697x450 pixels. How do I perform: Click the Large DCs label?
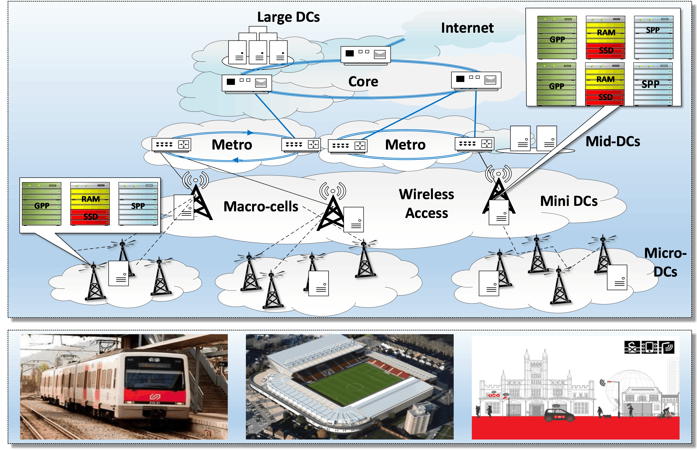pyautogui.click(x=288, y=17)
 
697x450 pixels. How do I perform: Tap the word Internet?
pyautogui.click(x=467, y=28)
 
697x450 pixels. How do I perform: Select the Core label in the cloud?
pyautogui.click(x=363, y=82)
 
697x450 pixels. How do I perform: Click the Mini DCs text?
pyautogui.click(x=569, y=201)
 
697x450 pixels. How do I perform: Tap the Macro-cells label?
pyautogui.click(x=261, y=207)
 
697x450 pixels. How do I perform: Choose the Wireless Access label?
pyautogui.click(x=427, y=204)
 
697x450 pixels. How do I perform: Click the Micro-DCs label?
pyautogui.click(x=665, y=262)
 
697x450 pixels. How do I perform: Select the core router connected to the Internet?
pyautogui.click(x=365, y=54)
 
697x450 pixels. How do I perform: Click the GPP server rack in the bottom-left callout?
pyautogui.click(x=42, y=204)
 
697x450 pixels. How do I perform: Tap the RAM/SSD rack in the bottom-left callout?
pyautogui.click(x=90, y=204)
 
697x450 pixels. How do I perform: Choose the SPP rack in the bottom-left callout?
pyautogui.click(x=138, y=204)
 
